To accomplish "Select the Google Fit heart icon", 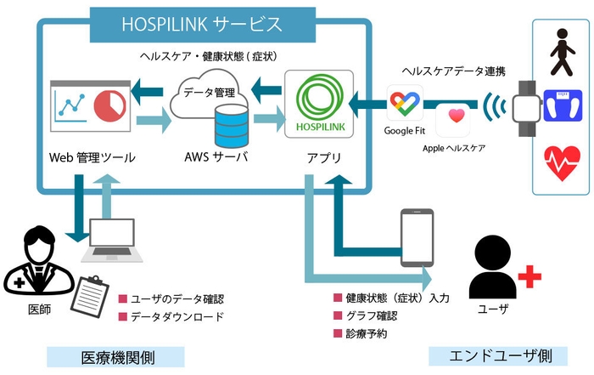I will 405,105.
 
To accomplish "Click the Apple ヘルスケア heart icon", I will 455,117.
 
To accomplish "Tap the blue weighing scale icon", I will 561,105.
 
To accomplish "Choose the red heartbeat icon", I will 561,161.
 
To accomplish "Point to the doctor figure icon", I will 33,260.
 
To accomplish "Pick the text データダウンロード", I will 177,317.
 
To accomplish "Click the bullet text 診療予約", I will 366,334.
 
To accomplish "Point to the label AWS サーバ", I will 216,158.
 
